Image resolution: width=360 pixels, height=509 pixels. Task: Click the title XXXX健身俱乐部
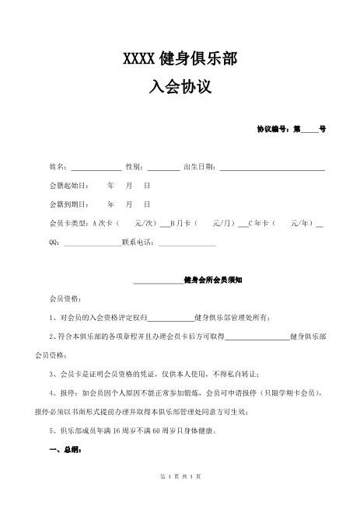[180, 59]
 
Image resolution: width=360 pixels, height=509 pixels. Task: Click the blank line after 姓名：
[96, 167]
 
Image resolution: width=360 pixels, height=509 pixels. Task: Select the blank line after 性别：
[163, 167]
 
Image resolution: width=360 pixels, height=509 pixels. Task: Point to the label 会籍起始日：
[68, 186]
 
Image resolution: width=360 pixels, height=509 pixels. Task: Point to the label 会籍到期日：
[68, 204]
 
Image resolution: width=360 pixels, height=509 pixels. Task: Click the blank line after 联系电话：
[187, 242]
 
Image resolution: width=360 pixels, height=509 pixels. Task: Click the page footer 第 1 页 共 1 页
[180, 497]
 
